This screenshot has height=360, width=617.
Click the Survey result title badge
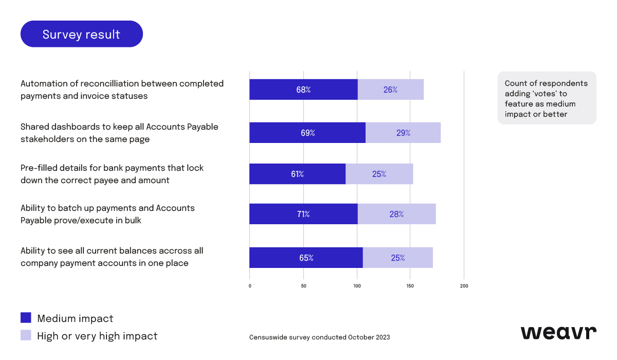tap(81, 34)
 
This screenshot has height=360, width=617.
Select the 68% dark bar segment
tap(303, 89)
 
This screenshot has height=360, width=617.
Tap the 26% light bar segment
tap(390, 89)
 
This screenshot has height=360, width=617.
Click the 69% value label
tap(307, 133)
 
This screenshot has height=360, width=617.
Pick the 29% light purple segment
tap(403, 133)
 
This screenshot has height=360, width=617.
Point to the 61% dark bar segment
tap(297, 174)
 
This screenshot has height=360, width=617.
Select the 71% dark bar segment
tap(303, 214)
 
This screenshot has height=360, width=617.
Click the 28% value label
tap(396, 214)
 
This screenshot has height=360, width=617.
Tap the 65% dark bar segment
tap(306, 258)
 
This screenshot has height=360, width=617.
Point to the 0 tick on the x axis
tap(250, 286)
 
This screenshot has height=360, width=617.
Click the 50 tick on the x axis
tap(303, 286)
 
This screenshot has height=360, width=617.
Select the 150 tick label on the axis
tap(410, 286)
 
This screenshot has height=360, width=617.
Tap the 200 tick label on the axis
tap(464, 286)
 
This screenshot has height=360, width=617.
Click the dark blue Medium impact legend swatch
tap(26, 318)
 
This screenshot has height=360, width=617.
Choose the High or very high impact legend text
tap(97, 336)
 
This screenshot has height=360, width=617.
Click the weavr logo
tap(558, 333)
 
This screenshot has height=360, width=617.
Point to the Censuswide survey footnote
tap(319, 337)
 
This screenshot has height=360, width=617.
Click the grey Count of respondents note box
tap(547, 98)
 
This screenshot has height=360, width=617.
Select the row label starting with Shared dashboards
tap(119, 133)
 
